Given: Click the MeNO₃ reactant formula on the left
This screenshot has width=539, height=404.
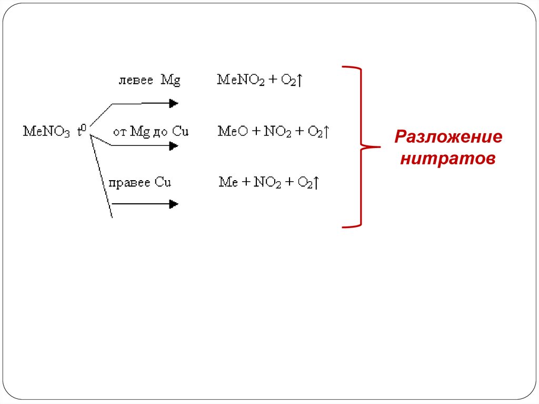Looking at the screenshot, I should [46, 132].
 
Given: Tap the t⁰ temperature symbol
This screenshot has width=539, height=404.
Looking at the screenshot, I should [81, 131].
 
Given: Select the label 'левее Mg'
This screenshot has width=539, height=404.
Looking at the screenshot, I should [149, 81].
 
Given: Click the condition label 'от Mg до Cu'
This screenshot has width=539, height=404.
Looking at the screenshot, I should [151, 132].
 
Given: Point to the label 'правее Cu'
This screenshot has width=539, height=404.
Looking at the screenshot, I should [140, 182].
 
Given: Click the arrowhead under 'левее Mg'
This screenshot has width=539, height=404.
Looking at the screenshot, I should [174, 104].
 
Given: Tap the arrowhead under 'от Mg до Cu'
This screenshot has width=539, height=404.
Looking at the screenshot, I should [174, 146].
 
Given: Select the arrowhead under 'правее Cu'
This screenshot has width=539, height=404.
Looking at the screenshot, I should [174, 204].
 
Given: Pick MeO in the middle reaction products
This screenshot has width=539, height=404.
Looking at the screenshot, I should [229, 132].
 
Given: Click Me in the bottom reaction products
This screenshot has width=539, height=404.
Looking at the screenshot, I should [228, 183].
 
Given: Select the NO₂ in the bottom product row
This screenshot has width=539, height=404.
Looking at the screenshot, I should [267, 183].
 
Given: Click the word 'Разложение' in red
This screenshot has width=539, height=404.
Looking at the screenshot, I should [448, 138].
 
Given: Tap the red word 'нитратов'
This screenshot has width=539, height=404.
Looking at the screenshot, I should [448, 157].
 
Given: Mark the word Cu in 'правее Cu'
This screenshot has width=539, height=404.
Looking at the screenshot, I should [163, 182].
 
